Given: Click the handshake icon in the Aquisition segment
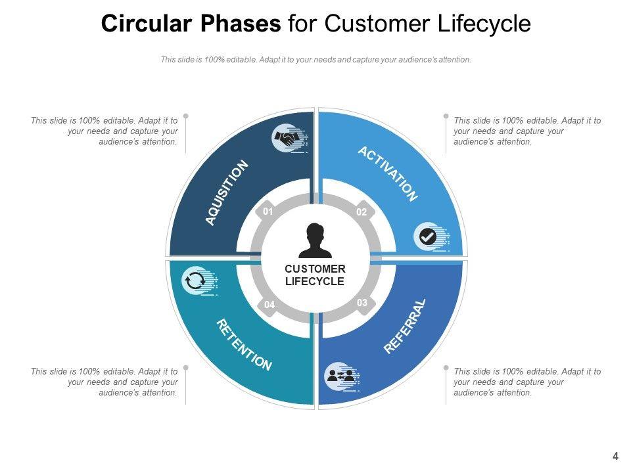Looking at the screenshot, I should [287, 139].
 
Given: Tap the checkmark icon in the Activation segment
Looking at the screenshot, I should [428, 236].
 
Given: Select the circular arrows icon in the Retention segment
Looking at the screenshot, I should [195, 281].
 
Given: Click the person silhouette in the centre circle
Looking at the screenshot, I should [315, 240].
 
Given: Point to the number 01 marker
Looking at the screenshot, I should [268, 212].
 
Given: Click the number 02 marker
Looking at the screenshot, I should [362, 212].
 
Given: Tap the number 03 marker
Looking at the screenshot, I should [362, 303].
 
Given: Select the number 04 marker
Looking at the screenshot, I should [269, 305].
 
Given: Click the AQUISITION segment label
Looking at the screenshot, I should [227, 192].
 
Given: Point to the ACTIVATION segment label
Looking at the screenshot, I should [388, 173].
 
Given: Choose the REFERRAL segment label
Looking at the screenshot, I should [405, 327].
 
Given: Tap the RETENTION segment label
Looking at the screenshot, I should [244, 345].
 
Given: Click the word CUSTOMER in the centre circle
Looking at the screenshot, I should [315, 269].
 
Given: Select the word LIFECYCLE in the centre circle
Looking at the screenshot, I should [315, 281].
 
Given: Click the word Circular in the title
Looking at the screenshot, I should [147, 24].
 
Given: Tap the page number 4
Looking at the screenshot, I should [615, 456].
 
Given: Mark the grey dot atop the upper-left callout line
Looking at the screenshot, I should [186, 116].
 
